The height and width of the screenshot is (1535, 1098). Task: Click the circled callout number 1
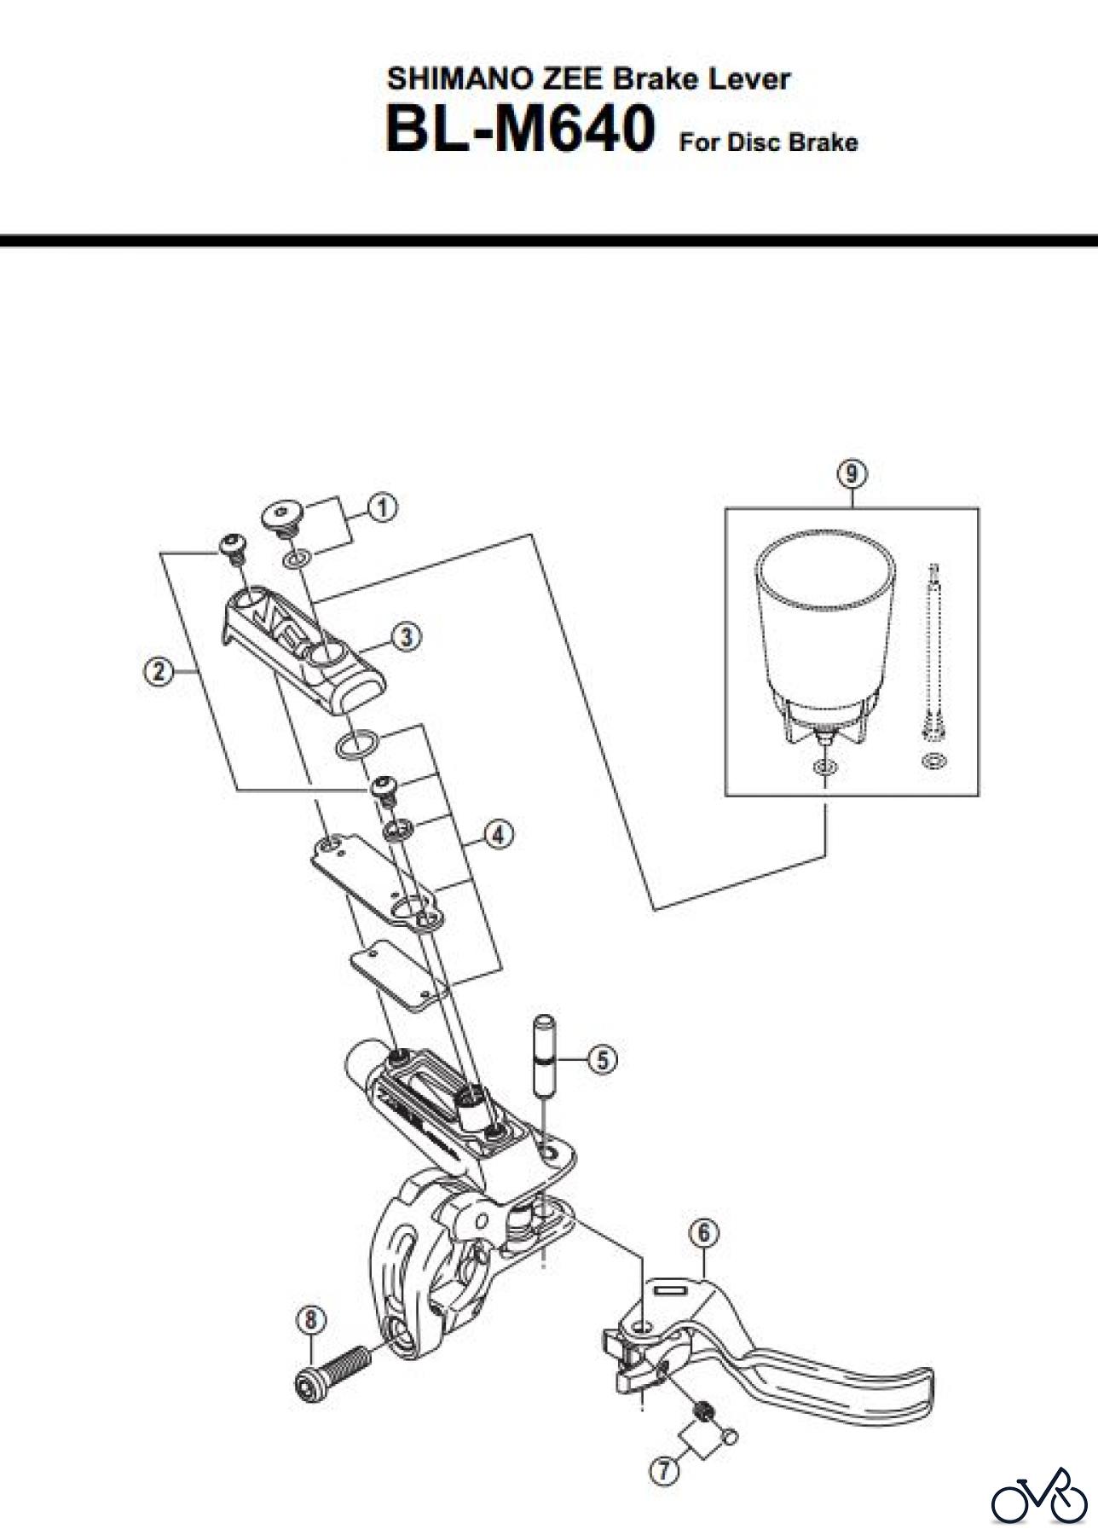point(382,507)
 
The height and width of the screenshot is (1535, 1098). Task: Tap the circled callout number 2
point(158,672)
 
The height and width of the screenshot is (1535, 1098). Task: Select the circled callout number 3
point(407,636)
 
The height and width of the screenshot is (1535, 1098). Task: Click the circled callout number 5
point(603,1060)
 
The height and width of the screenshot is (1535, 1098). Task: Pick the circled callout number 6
point(704,1232)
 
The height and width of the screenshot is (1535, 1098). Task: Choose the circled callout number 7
point(664,1470)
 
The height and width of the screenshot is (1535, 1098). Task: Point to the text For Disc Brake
point(768,142)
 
